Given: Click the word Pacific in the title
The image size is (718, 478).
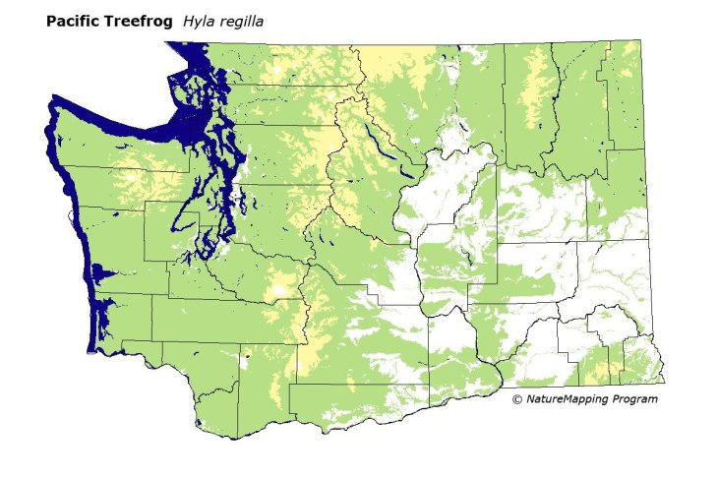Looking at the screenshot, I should (73, 21).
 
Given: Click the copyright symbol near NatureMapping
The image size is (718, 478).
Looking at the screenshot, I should (517, 399).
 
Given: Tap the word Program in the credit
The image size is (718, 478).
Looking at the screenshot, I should (635, 399).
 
